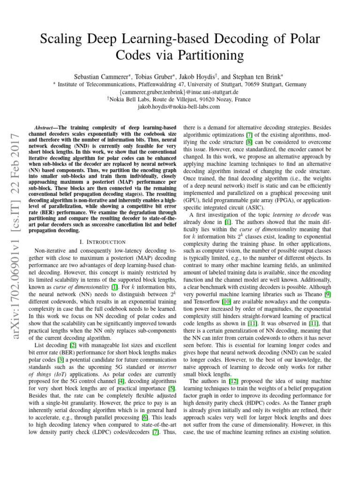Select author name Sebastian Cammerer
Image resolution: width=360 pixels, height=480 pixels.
point(102,76)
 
